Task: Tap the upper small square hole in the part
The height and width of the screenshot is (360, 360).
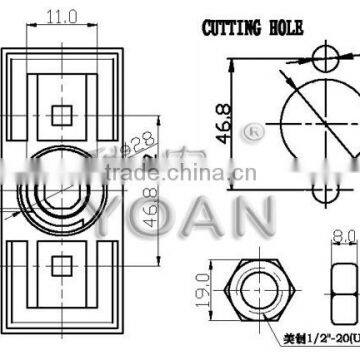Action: pyautogui.click(x=63, y=111)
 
